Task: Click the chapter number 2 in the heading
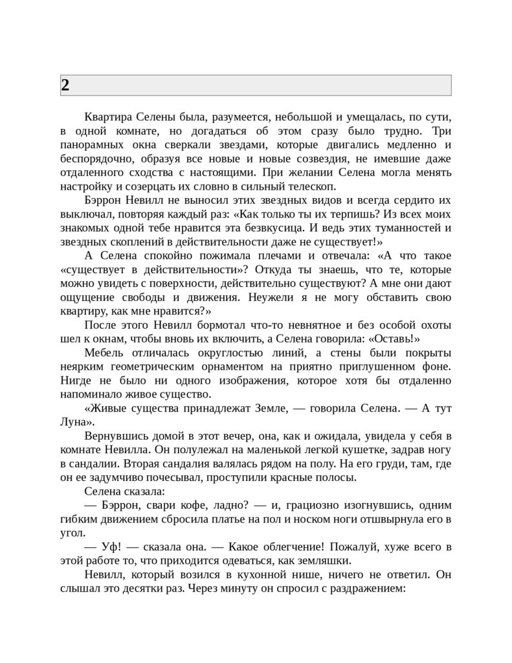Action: tap(65, 85)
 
